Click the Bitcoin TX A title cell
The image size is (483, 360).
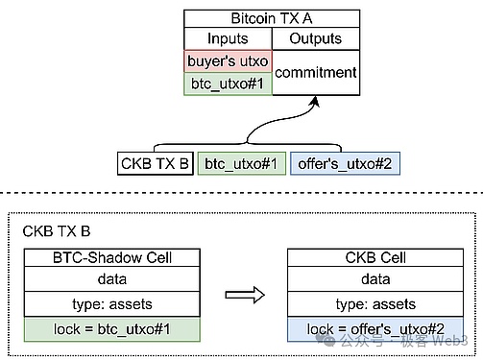272,18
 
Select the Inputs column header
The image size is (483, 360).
229,38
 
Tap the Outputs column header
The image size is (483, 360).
316,38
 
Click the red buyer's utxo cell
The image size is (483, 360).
229,60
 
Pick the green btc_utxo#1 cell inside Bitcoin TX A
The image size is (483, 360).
229,84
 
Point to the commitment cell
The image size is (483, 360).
316,72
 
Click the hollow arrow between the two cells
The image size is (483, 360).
244,293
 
